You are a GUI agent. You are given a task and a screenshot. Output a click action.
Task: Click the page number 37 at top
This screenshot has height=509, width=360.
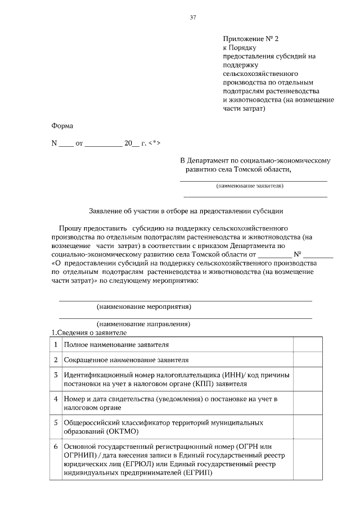click(193, 17)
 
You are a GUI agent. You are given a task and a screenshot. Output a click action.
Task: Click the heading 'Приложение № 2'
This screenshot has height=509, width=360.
click(250, 39)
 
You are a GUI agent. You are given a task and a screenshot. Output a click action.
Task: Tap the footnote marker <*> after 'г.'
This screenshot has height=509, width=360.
click(155, 143)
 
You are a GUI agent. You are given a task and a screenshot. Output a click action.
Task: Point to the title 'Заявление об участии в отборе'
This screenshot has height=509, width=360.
click(186, 211)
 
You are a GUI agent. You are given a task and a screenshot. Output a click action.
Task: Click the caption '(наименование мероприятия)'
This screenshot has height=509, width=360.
click(143, 307)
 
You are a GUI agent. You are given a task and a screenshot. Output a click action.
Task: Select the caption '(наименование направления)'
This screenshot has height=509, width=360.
click(143, 324)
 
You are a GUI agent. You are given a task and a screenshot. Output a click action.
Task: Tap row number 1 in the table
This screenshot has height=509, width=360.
click(56, 344)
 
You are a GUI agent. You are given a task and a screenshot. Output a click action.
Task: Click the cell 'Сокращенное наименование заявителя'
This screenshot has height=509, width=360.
click(126, 359)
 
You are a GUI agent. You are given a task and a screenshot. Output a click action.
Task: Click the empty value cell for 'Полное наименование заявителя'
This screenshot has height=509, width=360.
click(308, 344)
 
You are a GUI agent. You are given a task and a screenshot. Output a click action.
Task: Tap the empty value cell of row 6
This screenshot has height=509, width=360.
click(308, 460)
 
